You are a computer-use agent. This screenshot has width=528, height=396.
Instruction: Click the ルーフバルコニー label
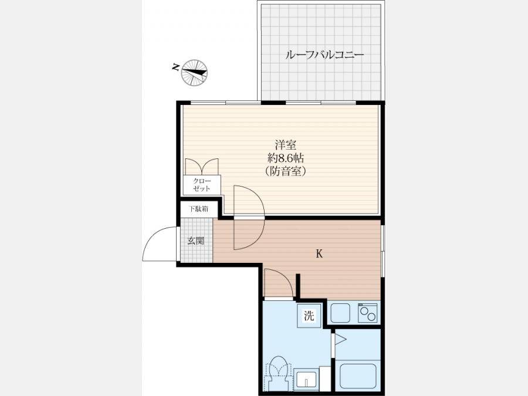(324, 55)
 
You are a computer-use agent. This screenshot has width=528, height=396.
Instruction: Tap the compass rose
(194, 73)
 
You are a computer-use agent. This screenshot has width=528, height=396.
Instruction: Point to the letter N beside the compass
(175, 67)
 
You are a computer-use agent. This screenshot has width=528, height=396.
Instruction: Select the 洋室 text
(286, 145)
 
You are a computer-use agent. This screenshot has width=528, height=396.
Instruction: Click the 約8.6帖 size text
(286, 158)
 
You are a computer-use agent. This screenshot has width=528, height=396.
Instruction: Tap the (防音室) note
(286, 171)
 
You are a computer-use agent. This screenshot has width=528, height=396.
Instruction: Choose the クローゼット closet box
(202, 185)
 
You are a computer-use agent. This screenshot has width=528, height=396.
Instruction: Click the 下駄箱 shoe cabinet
(198, 209)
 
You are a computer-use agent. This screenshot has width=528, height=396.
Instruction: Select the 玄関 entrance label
(195, 241)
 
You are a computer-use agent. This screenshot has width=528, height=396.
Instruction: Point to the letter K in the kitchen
(319, 253)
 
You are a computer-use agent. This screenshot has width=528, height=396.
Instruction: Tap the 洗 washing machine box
(309, 316)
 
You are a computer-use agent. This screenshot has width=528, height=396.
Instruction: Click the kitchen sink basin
(340, 313)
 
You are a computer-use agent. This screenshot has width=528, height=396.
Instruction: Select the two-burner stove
(367, 313)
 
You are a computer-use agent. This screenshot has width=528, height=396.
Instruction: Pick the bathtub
(358, 376)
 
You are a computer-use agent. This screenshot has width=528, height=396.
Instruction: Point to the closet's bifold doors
(202, 167)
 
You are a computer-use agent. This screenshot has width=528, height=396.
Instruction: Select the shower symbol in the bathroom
(340, 340)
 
